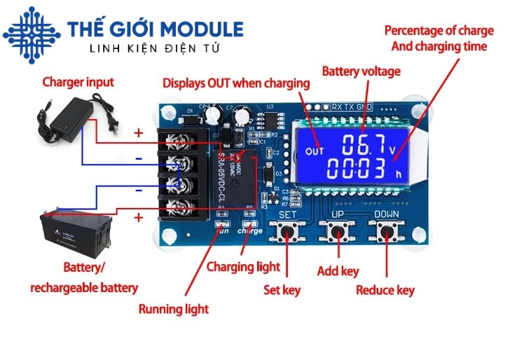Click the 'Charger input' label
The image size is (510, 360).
(78, 83)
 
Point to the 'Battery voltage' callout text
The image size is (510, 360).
(361, 71)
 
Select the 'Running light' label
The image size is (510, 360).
(173, 309)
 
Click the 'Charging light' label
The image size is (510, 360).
(243, 267)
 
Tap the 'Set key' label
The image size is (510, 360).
(282, 289)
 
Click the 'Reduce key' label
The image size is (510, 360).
(385, 290)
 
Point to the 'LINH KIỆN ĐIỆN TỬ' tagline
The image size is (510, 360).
(155, 49)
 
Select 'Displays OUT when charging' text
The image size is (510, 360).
(236, 83)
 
